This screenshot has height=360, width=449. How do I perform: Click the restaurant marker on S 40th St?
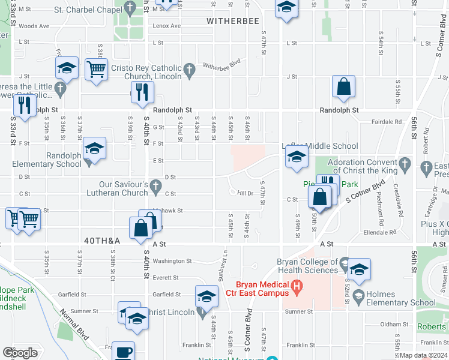(142, 91)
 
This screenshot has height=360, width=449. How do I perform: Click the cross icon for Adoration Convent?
(405, 163)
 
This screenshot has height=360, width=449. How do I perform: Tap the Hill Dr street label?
(245, 193)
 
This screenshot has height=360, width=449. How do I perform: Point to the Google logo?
(20, 352)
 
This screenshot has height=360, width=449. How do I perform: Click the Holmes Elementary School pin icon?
(358, 295)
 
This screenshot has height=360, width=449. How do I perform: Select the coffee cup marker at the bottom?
(124, 351)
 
